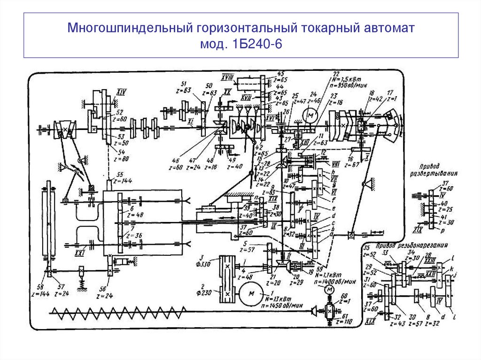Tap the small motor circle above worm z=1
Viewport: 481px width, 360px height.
(x=329, y=291)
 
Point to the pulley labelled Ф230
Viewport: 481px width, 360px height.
(x=227, y=294)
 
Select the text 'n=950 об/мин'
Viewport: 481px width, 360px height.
(x=341, y=86)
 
